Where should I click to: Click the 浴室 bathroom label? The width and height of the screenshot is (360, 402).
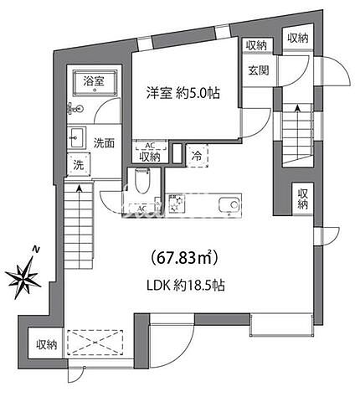[94, 82]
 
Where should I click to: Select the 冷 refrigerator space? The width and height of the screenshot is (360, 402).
[196, 154]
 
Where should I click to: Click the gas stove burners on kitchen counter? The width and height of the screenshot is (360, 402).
[177, 204]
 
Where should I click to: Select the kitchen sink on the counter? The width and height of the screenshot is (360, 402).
[227, 204]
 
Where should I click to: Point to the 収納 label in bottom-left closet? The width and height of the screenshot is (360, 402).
[46, 344]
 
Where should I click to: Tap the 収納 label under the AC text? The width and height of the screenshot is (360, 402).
[149, 156]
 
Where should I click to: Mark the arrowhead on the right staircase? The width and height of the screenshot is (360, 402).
[296, 109]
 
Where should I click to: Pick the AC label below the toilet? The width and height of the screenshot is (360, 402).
[141, 208]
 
